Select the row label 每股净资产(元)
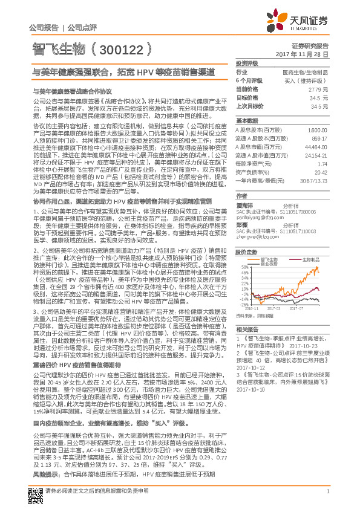252,164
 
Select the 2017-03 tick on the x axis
275,308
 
